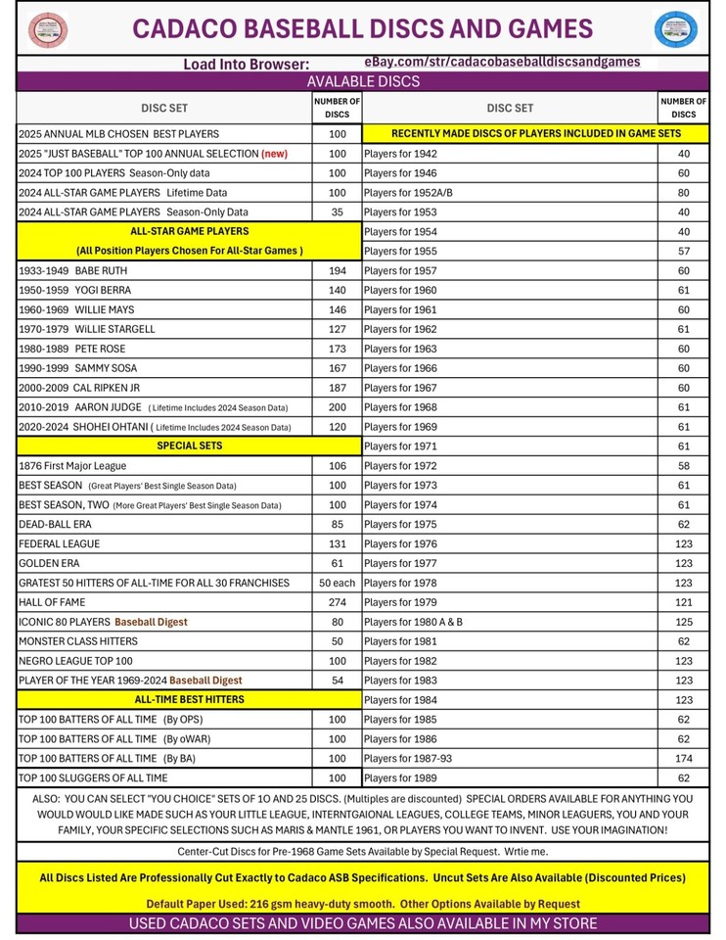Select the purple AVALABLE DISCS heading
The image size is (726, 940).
[363, 81]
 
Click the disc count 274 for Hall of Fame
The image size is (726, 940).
[337, 602]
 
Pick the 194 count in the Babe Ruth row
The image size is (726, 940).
[337, 270]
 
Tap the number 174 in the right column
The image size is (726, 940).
[683, 758]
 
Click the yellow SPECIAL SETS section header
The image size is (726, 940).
[190, 446]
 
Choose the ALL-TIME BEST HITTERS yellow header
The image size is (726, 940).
[190, 699]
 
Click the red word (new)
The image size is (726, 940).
[274, 154]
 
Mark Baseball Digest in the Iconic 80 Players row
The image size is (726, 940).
[151, 622]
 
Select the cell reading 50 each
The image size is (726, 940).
[337, 583]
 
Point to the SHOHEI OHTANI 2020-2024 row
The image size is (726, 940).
[154, 427]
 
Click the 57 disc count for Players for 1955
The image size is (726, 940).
[683, 251]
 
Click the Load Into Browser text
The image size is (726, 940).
[247, 64]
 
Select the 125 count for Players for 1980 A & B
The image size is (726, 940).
[683, 622]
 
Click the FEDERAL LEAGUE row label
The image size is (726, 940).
[60, 543]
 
